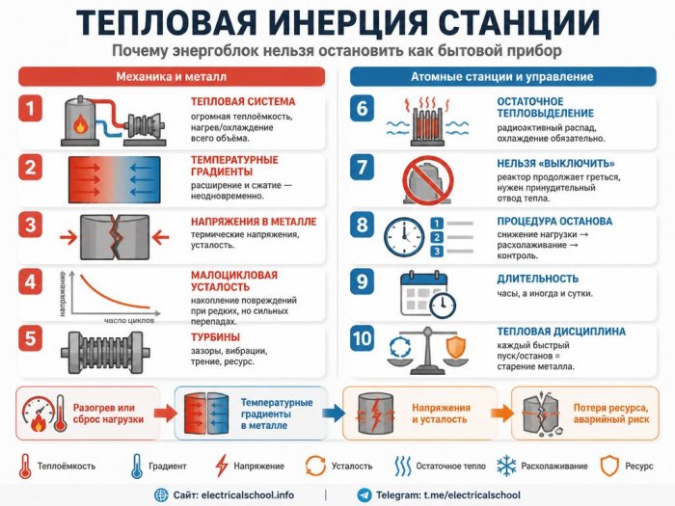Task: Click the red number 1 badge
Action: coord(30,108)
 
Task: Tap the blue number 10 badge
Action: coord(362,338)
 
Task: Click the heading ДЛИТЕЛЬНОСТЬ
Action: coord(538,279)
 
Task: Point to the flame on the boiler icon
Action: coord(80,124)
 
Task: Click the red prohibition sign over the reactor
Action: coord(428,180)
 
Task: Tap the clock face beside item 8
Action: coord(404,237)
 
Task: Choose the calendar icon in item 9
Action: coord(423,294)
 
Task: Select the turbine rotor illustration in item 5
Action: coord(105,353)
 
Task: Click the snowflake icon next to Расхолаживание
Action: coord(506,466)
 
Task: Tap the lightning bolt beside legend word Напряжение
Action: coord(221,466)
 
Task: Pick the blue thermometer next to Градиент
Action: coord(137,466)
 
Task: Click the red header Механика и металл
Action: coord(172,77)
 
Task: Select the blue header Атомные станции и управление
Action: coord(502,77)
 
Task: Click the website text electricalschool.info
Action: coord(248,494)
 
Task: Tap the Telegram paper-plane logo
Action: coord(364,494)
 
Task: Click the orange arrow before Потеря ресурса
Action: coord(502,413)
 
